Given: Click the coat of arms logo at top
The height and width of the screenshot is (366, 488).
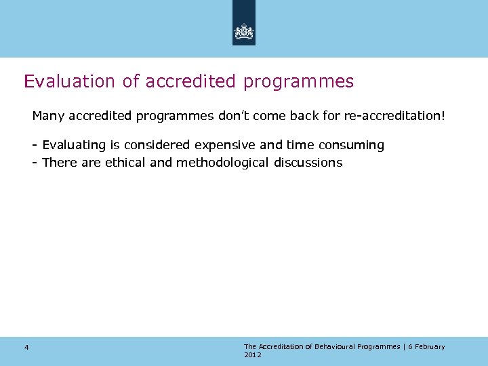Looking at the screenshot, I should pyautogui.click(x=244, y=32).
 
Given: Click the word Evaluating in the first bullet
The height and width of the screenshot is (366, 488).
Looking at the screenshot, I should pyautogui.click(x=74, y=145).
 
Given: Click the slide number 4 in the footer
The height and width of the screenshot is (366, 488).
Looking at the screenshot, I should pyautogui.click(x=26, y=348).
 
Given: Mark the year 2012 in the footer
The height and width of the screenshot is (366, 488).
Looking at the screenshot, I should pyautogui.click(x=252, y=354).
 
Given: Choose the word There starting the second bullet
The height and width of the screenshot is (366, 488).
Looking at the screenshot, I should pyautogui.click(x=60, y=163).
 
